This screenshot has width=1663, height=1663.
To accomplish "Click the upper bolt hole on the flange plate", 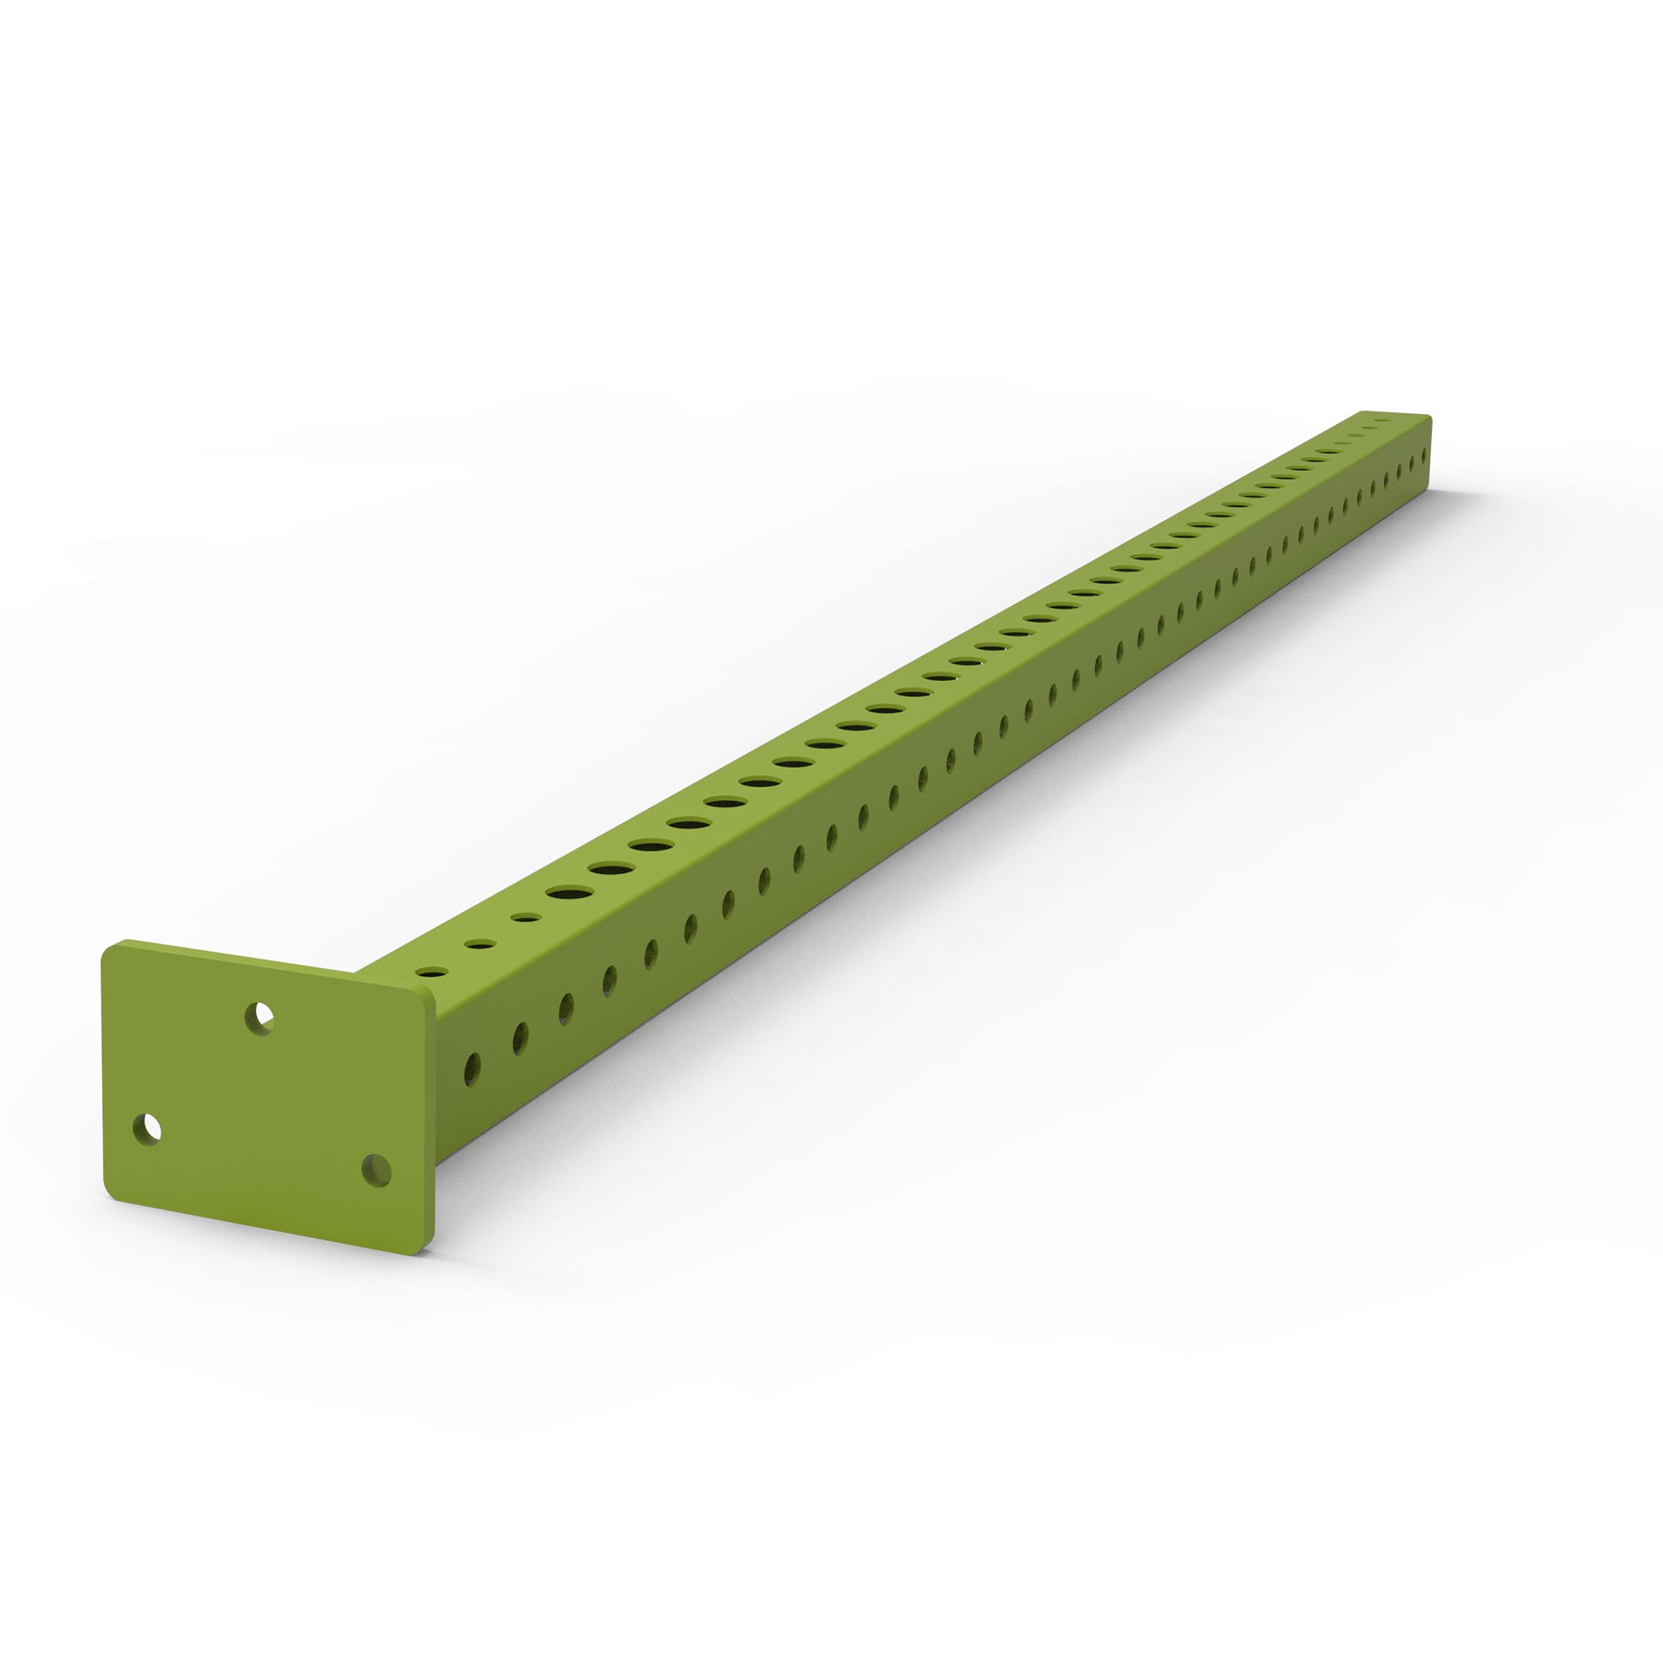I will (259, 1019).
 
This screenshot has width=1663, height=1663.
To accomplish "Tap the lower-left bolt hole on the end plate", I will (148, 1128).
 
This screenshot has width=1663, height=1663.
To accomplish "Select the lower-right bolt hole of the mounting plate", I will (376, 1170).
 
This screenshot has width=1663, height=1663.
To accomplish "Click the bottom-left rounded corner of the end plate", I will (113, 1197).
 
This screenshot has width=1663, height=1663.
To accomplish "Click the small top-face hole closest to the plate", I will (432, 973).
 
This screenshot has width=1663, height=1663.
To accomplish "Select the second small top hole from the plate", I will (480, 945).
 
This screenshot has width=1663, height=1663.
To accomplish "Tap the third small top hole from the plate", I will (525, 918).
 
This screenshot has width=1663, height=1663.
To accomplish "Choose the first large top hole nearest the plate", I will (569, 890).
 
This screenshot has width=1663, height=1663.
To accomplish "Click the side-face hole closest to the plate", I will (471, 1069).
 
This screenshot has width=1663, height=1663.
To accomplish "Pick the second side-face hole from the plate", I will (520, 1038).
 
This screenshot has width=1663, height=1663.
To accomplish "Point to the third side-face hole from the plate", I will (565, 1009).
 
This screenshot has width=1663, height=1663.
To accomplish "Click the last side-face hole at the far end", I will (1426, 450).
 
